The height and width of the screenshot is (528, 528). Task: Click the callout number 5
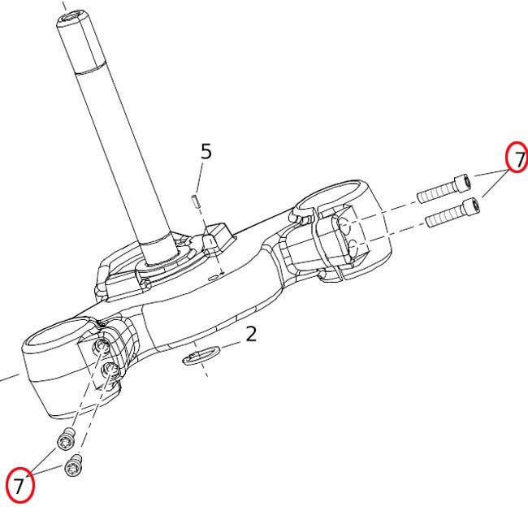206,151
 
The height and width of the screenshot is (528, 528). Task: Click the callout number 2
251,334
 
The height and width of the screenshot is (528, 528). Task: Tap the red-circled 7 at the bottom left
20,485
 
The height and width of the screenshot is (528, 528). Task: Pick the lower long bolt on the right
453,212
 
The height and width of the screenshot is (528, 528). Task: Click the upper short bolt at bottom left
66,439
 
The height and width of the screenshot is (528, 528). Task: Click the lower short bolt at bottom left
74,465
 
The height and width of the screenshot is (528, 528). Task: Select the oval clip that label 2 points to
201,356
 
